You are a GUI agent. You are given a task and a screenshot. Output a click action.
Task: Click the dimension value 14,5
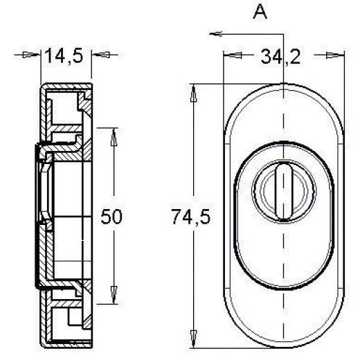(64, 56)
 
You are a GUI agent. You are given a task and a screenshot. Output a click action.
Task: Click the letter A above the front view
(260, 12)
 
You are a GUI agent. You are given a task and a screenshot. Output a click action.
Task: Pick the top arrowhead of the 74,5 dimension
(194, 92)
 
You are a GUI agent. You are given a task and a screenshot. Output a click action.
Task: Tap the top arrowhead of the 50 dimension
(112, 133)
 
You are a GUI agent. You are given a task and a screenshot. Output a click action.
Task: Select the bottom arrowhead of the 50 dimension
(112, 298)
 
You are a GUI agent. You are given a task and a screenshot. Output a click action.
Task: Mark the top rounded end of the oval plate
(284, 93)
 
